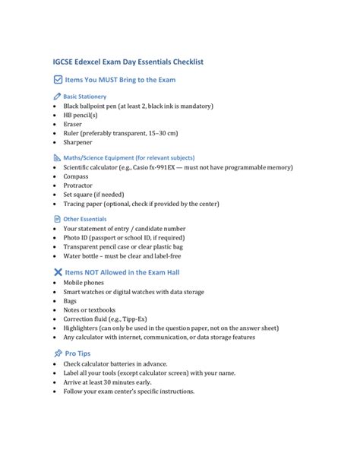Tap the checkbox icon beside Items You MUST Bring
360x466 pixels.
click(x=58, y=79)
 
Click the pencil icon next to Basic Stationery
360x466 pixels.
click(x=58, y=97)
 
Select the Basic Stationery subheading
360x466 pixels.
click(x=85, y=97)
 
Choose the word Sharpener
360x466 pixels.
click(x=78, y=142)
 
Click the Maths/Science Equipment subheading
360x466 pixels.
click(x=128, y=158)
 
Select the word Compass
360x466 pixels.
click(x=77, y=176)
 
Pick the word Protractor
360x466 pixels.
click(x=78, y=185)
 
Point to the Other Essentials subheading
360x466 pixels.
click(x=85, y=219)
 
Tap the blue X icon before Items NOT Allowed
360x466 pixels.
click(x=58, y=272)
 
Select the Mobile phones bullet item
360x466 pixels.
click(x=84, y=283)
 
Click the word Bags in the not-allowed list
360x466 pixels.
click(x=71, y=301)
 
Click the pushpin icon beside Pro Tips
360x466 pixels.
click(x=58, y=353)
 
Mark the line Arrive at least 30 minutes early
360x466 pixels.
click(x=118, y=382)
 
